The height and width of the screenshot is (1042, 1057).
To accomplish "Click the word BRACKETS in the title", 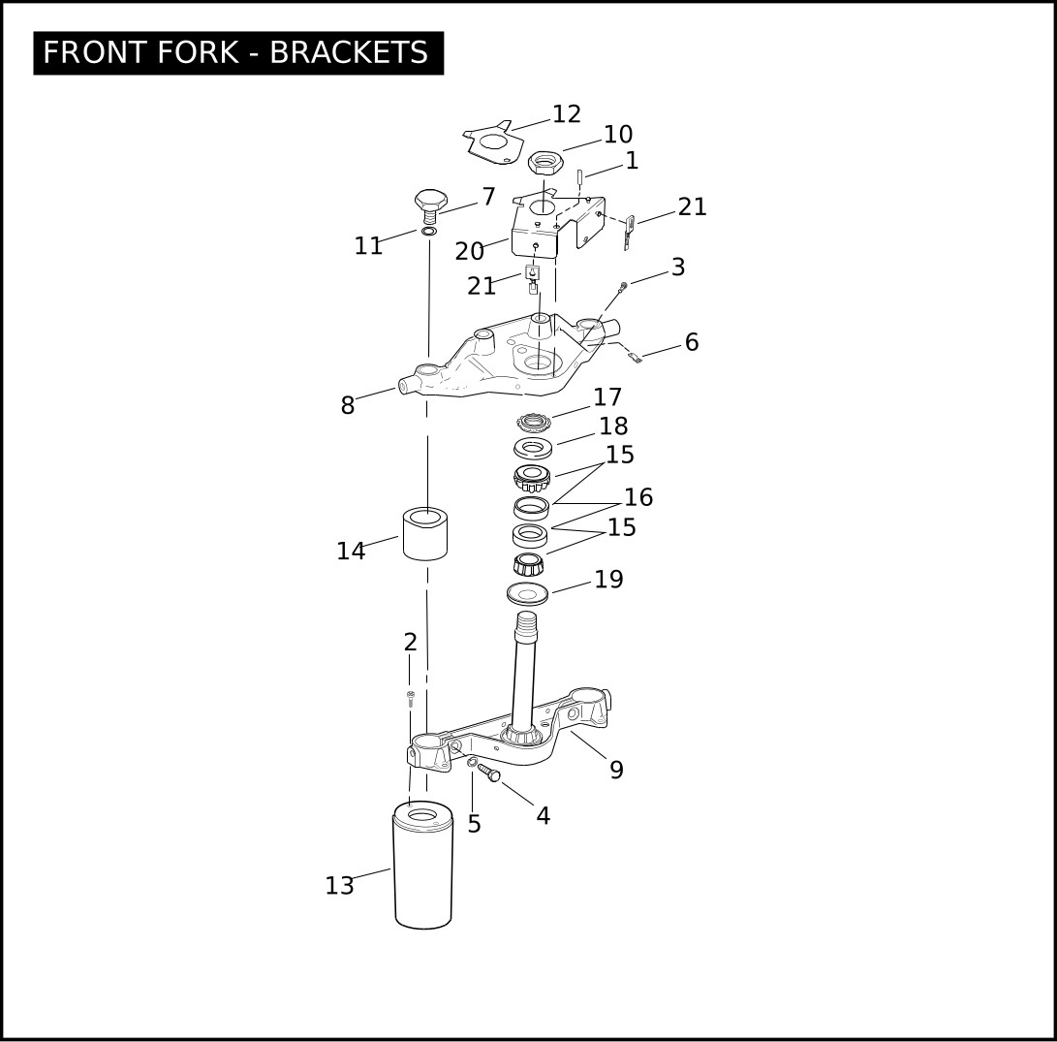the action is [349, 52].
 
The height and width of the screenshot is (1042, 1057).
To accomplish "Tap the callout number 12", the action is [566, 114].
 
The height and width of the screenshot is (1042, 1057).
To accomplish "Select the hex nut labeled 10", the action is [545, 163].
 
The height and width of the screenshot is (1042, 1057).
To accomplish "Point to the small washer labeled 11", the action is [429, 232].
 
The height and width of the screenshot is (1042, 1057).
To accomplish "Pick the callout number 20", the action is [469, 252].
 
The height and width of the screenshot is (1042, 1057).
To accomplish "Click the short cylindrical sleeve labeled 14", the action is [425, 533].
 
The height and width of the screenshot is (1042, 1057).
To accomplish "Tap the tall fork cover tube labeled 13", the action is [422, 866].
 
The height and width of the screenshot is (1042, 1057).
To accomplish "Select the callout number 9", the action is [616, 770].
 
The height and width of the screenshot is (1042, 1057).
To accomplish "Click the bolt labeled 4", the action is [489, 773].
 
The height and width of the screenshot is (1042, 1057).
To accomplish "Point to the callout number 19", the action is [608, 580].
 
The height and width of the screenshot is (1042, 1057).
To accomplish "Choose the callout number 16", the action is [638, 497].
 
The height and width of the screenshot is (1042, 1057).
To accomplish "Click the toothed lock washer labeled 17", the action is [535, 423].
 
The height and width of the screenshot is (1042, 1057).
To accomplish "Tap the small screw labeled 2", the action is [410, 698].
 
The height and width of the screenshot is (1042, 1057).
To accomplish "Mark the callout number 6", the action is [692, 342].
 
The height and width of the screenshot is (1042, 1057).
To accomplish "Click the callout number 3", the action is [678, 268].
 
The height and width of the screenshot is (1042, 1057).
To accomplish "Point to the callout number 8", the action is [347, 405].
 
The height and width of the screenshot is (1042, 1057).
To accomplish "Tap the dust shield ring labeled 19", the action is [527, 594].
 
